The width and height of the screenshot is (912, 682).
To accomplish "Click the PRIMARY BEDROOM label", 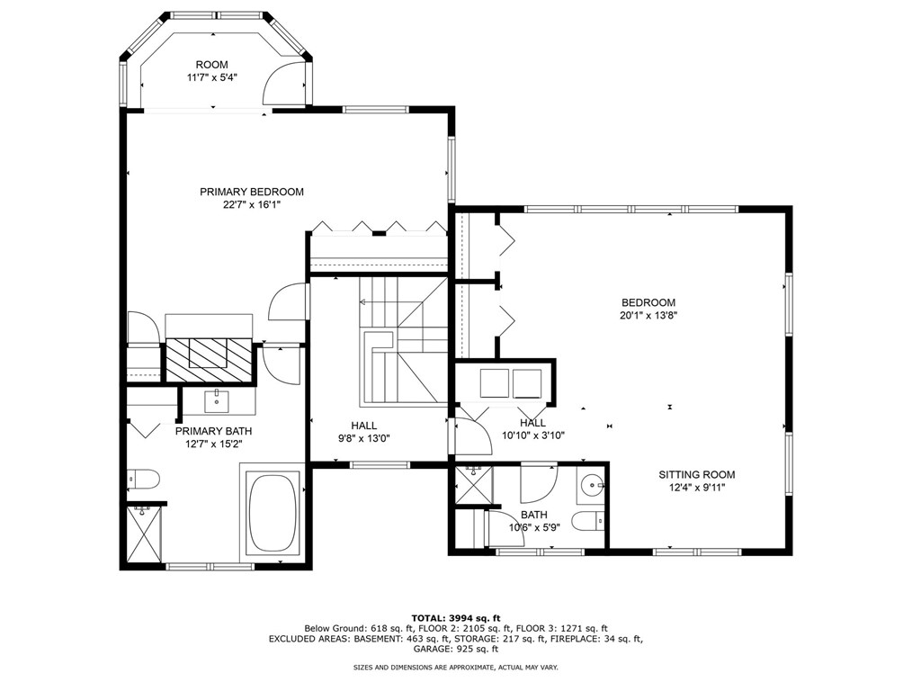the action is pyautogui.click(x=252, y=192).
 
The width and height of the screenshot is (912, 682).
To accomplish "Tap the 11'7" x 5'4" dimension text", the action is pyautogui.click(x=211, y=76).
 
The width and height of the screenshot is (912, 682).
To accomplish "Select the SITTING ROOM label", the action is pyautogui.click(x=697, y=475).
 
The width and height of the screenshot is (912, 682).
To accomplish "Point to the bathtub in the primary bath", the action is pyautogui.click(x=273, y=513).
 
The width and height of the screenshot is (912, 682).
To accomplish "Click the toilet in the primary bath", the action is pyautogui.click(x=143, y=480).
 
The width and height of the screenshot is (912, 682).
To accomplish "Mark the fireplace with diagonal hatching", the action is pyautogui.click(x=210, y=360).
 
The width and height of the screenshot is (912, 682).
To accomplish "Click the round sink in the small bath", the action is pyautogui.click(x=592, y=484).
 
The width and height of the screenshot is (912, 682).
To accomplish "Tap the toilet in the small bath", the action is pyautogui.click(x=588, y=521).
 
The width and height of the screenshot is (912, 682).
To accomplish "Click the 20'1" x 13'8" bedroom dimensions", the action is pyautogui.click(x=648, y=316).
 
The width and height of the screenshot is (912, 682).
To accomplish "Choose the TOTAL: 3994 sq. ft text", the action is pyautogui.click(x=456, y=618).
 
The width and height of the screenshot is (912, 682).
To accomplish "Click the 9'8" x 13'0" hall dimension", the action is pyautogui.click(x=363, y=438).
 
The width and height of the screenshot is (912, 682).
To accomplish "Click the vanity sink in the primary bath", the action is pyautogui.click(x=217, y=401).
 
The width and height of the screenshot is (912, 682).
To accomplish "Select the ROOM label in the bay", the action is pyautogui.click(x=211, y=65).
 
